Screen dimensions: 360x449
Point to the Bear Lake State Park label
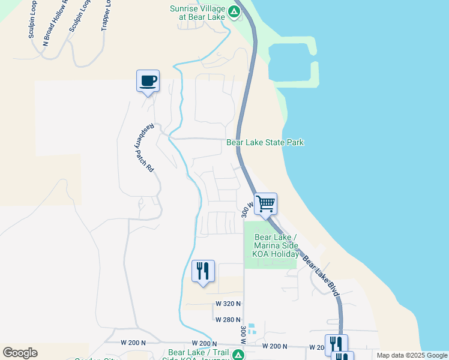click(x=265, y=142)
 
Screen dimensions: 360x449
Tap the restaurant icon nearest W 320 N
click(x=203, y=271)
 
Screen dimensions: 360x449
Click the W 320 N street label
click(x=229, y=304)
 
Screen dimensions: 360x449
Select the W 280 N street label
click(x=229, y=319)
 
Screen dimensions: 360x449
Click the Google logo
click(x=20, y=353)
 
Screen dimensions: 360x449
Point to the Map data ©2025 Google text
click(x=411, y=355)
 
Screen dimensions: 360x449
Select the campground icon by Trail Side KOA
click(x=238, y=355)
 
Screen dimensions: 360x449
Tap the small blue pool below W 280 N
click(x=252, y=329)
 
